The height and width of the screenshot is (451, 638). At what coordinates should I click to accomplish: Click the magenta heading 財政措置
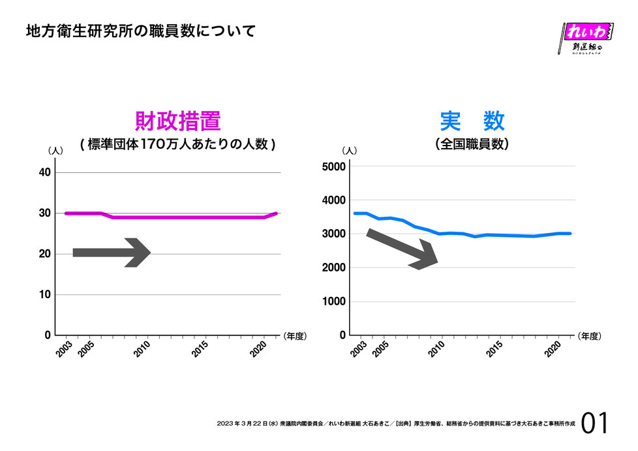coord(177,121)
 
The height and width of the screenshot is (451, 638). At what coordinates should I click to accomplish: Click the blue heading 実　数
coord(472,121)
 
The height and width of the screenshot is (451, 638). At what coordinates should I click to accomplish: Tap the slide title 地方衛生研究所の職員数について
coord(140,31)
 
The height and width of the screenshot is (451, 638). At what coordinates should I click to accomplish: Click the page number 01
coord(595,424)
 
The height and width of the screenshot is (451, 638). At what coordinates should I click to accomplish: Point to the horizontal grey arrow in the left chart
coord(112,253)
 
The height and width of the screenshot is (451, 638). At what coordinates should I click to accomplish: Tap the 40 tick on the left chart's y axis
coord(45,172)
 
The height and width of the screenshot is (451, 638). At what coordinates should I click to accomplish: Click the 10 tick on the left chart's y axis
coord(45,294)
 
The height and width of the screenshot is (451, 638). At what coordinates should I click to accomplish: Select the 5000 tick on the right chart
coord(334,166)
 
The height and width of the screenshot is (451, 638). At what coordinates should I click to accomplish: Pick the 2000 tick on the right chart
coord(334,268)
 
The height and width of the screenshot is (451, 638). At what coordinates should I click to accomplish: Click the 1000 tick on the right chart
coord(334,302)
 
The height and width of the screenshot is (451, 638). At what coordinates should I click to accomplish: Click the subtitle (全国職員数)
coord(472,145)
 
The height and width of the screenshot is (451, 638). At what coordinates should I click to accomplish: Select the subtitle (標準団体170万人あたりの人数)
coord(177,145)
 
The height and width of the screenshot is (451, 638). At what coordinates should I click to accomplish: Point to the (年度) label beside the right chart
coord(589,336)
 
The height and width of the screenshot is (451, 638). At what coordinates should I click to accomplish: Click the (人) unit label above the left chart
coord(55,151)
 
